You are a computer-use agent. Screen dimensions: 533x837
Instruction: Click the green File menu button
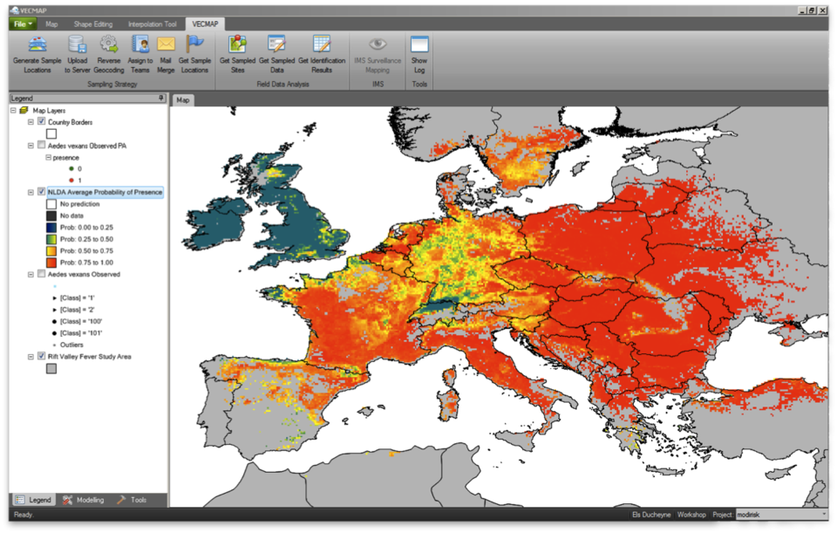point(23,24)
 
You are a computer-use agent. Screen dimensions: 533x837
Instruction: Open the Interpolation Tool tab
point(152,24)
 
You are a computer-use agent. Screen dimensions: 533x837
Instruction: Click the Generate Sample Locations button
point(37,54)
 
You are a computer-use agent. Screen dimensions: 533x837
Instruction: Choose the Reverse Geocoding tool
point(109,54)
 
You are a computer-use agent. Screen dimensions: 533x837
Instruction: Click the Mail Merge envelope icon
point(166,54)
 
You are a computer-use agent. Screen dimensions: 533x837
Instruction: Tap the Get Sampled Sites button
point(237,54)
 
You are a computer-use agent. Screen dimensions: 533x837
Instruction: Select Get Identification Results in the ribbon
point(321,54)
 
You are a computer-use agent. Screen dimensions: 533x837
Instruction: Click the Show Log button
point(419,54)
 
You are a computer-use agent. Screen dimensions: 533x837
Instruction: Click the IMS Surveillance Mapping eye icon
point(377,44)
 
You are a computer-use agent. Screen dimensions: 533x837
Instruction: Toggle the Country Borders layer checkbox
point(41,122)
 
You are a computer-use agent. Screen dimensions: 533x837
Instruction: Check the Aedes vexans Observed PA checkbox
point(41,146)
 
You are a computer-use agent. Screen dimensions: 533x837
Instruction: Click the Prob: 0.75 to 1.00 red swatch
point(51,263)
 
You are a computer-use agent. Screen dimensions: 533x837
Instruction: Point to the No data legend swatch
point(51,215)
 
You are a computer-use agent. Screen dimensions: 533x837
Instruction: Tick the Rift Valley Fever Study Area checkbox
point(41,356)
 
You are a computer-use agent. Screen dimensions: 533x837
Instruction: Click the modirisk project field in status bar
point(780,515)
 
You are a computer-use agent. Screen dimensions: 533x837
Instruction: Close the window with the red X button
point(822,10)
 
